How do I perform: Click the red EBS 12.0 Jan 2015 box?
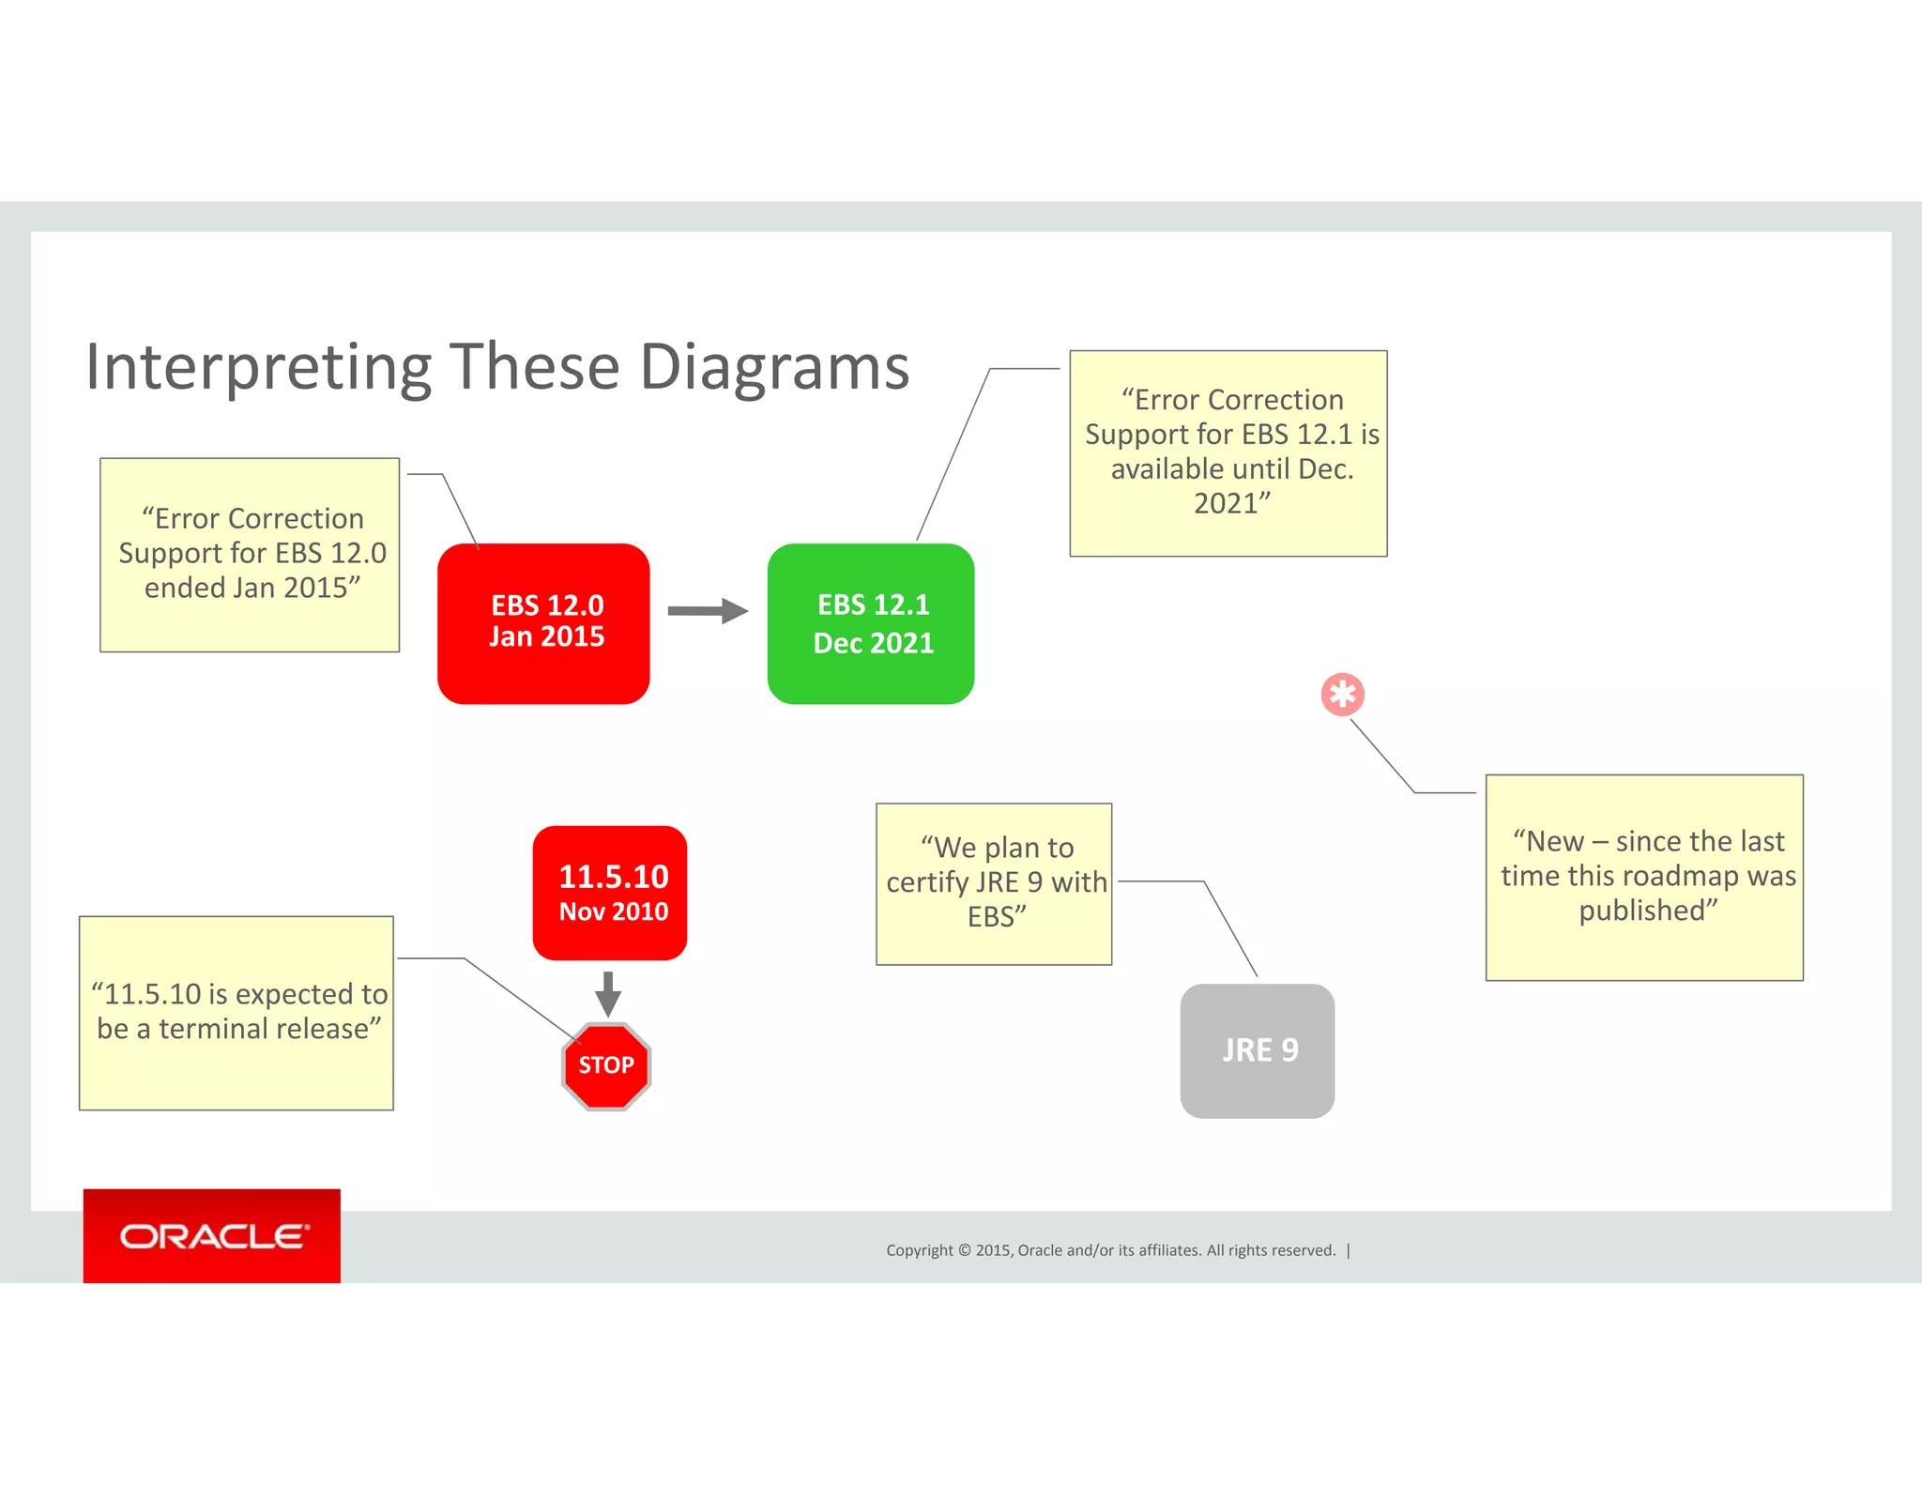coord(543,623)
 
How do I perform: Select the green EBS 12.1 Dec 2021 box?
coord(870,623)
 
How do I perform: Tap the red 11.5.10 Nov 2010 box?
coord(610,892)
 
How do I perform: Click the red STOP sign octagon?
coord(606,1065)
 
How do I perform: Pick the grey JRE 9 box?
coord(1257,1050)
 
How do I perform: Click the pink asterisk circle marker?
coord(1342,695)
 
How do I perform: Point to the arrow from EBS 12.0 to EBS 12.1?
coord(707,611)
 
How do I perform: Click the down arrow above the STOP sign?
coord(608,994)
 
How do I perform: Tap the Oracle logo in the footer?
coord(213,1236)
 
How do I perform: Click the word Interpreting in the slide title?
coord(258,367)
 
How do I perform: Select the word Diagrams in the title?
coord(774,367)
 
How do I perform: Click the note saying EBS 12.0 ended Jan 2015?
coord(251,554)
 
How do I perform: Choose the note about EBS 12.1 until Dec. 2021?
coord(1228,452)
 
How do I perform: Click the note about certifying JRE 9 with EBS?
coord(994,883)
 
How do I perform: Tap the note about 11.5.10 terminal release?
coord(236,1012)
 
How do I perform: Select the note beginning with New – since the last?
coord(1644,877)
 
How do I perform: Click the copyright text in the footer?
coord(1110,1250)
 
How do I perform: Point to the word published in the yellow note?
coord(1648,911)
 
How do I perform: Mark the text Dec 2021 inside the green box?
coord(873,644)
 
